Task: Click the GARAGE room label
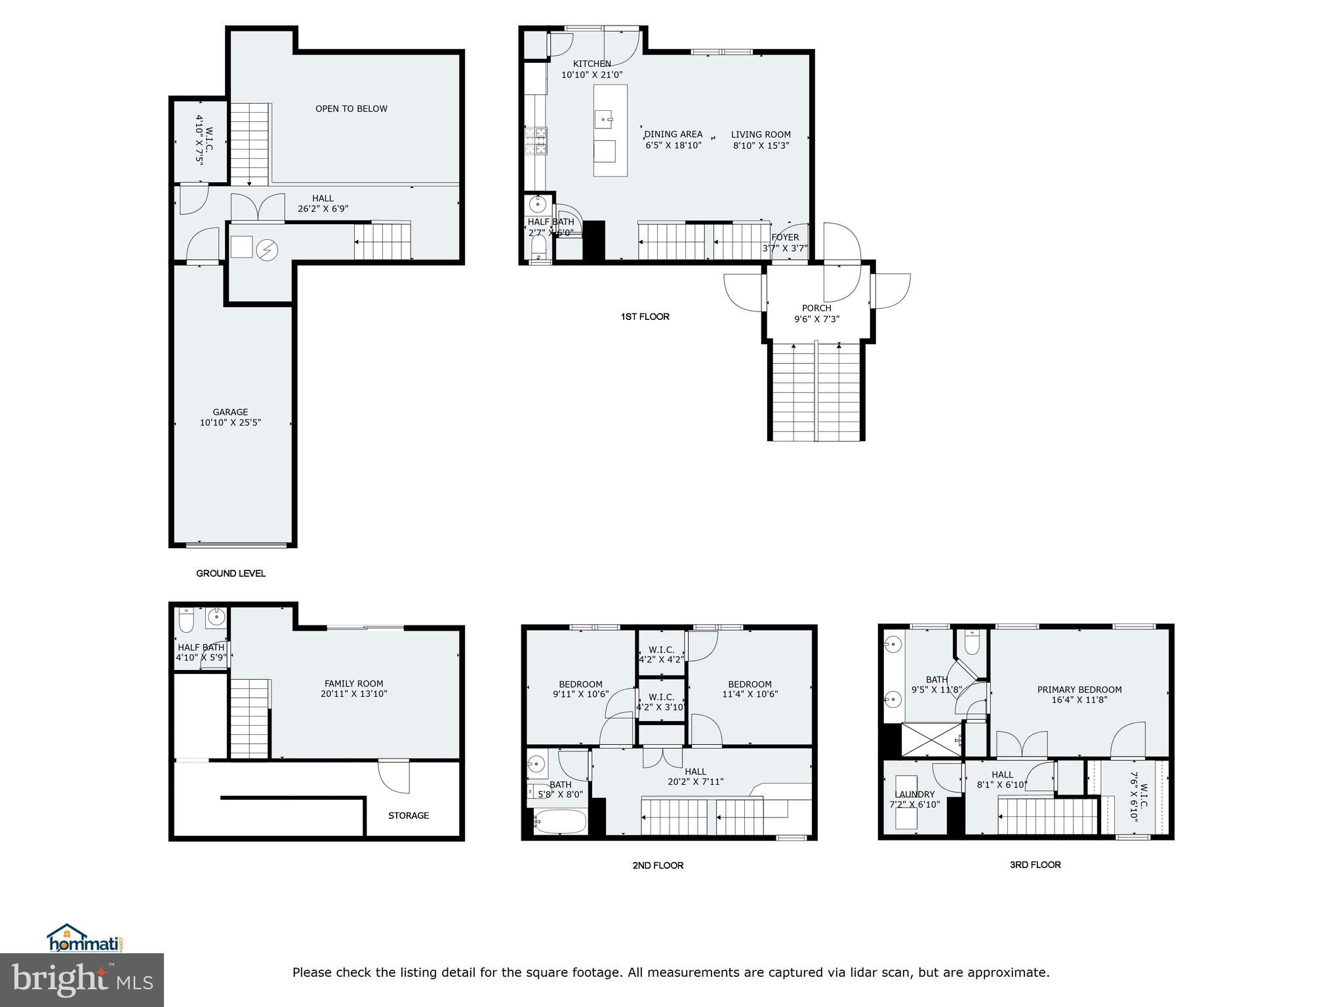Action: (x=230, y=412)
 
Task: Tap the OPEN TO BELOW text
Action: (x=351, y=109)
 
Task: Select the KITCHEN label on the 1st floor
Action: (x=591, y=64)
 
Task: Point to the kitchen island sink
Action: (x=604, y=120)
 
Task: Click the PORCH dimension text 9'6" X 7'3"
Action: (x=816, y=319)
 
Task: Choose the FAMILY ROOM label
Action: (x=353, y=683)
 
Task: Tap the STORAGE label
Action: (x=408, y=816)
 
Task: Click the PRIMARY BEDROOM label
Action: (x=1079, y=690)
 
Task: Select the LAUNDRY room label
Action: (x=914, y=795)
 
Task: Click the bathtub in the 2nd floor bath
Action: (x=560, y=821)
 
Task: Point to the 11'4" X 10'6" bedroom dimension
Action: (x=750, y=694)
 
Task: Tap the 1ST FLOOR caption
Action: (x=645, y=317)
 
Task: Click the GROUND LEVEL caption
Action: (x=231, y=574)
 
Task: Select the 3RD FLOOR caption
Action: (x=1035, y=865)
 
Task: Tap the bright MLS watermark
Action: (x=82, y=980)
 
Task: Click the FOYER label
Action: (x=785, y=237)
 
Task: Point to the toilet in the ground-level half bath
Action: (x=186, y=619)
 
